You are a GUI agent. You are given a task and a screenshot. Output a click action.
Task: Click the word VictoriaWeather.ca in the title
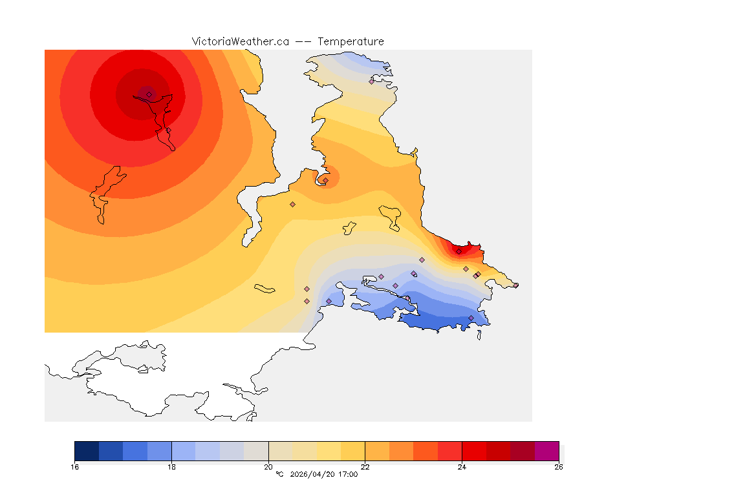point(240,41)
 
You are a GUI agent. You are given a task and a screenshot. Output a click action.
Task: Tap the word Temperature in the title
point(351,41)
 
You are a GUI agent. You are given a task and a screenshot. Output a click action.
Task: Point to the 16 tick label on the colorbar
point(75,467)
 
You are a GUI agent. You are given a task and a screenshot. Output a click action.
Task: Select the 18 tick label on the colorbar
point(171,467)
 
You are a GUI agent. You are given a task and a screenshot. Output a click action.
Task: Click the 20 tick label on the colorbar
point(268,467)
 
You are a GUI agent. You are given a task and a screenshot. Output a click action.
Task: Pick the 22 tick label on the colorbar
point(365,467)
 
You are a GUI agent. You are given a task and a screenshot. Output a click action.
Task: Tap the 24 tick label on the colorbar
point(462,467)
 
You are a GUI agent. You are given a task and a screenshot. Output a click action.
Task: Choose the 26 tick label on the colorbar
point(558,467)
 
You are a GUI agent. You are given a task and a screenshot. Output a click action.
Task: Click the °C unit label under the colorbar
point(279,475)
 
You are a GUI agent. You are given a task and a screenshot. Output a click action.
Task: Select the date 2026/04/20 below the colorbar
point(314,475)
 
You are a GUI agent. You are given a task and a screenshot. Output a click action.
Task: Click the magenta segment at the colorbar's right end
point(546,451)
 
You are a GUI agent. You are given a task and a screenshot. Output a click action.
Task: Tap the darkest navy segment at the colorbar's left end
point(87,451)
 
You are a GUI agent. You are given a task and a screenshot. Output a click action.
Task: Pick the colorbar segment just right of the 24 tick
point(474,451)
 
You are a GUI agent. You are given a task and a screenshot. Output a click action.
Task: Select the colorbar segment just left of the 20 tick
point(256,451)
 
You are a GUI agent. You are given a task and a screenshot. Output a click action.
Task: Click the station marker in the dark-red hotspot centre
point(149,94)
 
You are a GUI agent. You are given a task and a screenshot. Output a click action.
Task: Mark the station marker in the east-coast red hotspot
point(459,251)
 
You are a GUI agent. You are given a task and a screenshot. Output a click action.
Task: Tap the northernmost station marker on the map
point(371,81)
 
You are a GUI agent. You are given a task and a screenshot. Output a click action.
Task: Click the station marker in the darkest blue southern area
point(471,318)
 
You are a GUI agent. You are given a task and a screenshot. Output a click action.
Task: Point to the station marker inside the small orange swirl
point(325,180)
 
